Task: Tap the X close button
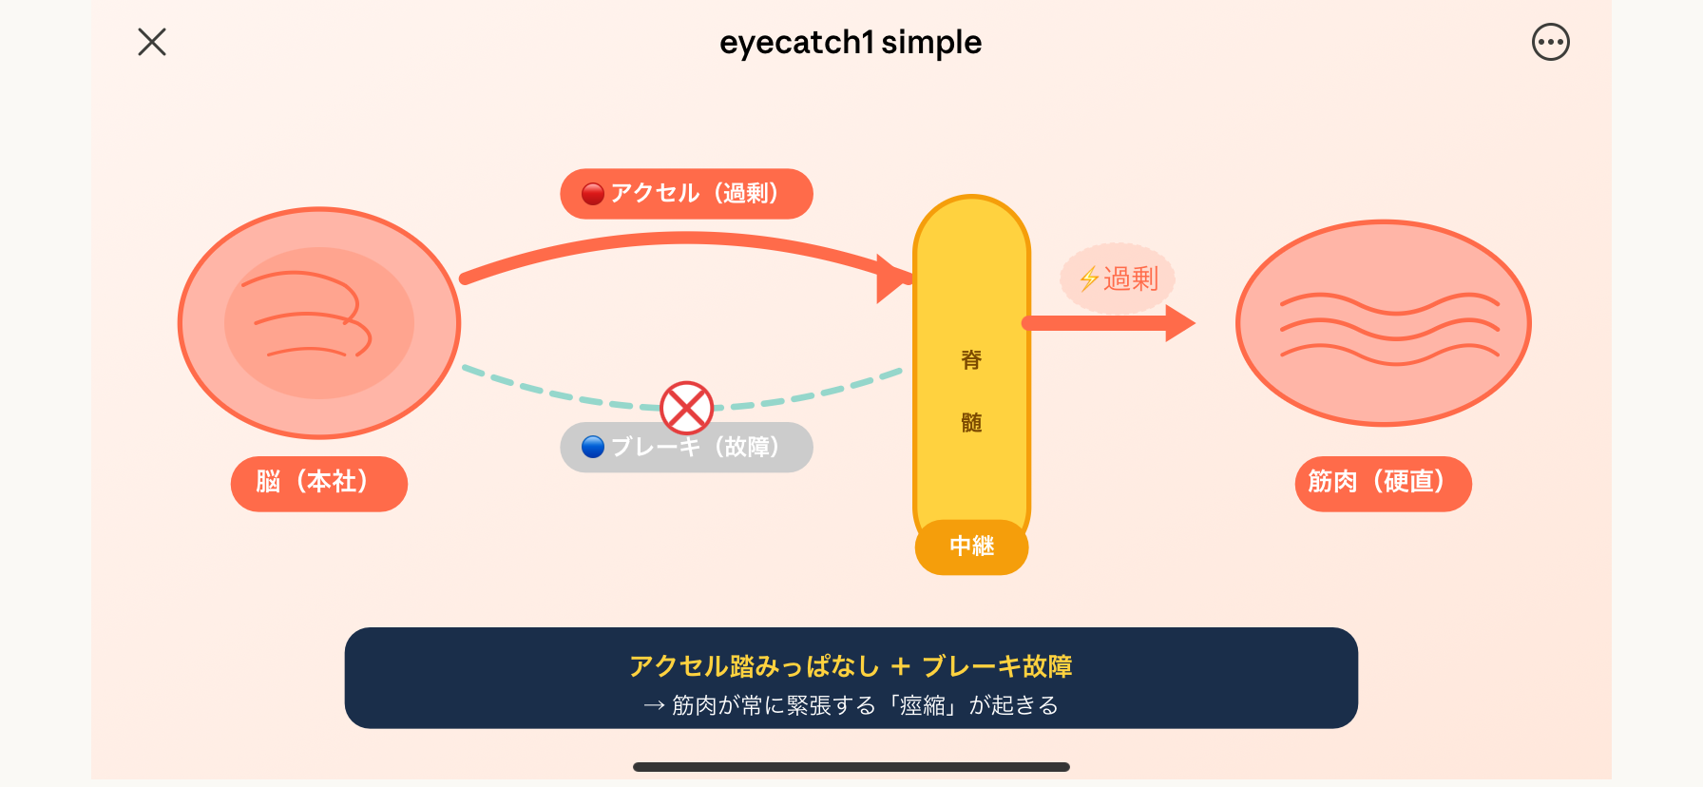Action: pos(152,42)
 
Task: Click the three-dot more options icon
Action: pos(1550,42)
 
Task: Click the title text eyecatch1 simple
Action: pos(851,43)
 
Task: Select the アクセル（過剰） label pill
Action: pos(686,194)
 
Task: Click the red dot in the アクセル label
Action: pos(593,194)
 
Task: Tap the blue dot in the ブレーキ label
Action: pos(593,447)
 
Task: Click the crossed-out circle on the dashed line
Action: pos(686,408)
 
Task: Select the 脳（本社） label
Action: pos(318,483)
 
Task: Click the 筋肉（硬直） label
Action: pos(1383,483)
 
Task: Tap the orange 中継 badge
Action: pos(971,547)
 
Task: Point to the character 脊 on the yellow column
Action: pos(971,360)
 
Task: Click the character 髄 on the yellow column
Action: pos(971,422)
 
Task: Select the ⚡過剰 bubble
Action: pos(1118,278)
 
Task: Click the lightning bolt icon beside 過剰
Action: pos(1089,278)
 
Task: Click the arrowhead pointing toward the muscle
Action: pos(1178,323)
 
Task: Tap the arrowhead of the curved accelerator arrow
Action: pos(893,278)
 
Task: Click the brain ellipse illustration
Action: pos(319,323)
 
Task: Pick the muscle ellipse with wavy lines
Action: pos(1383,323)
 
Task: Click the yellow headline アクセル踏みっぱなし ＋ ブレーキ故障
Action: pos(851,666)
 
